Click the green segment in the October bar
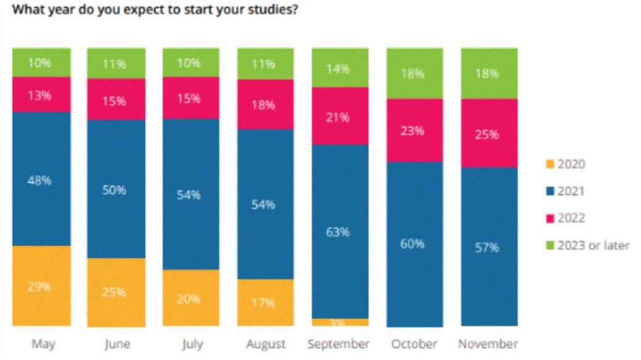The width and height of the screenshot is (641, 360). [x=414, y=74]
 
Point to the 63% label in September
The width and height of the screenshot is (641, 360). [x=340, y=232]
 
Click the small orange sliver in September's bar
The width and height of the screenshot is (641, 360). [x=340, y=322]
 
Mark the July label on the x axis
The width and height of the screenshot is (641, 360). [x=191, y=344]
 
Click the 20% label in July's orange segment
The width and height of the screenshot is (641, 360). [x=191, y=300]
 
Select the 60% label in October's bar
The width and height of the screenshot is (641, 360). [x=414, y=243]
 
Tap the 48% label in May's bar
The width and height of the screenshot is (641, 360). [x=41, y=181]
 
